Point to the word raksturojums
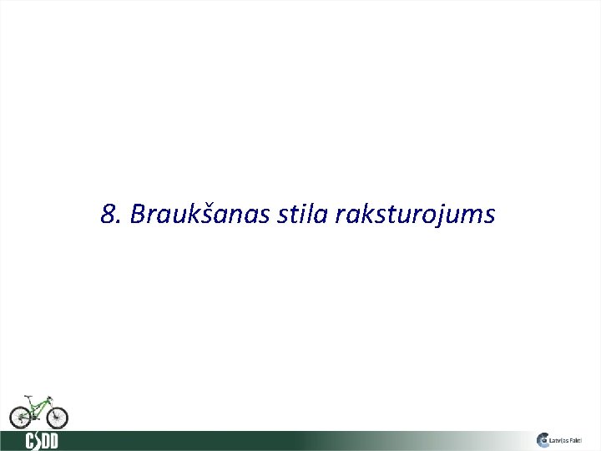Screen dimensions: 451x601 click(x=415, y=215)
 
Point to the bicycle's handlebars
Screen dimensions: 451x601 click(x=50, y=395)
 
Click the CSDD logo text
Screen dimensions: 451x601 click(x=42, y=440)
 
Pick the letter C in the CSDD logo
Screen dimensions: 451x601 click(x=30, y=440)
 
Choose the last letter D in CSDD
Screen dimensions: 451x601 click(x=53, y=440)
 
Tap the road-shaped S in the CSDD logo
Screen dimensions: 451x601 click(x=38, y=440)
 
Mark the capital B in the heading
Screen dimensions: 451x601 click(x=139, y=215)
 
